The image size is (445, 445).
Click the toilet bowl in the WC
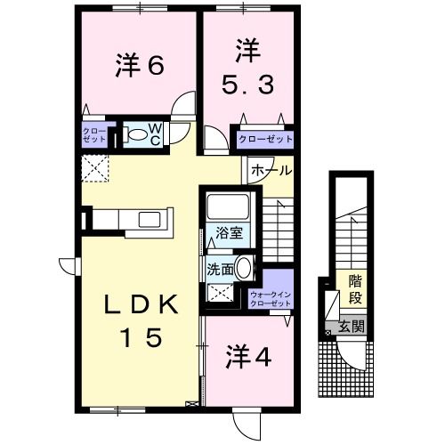[x=138, y=136]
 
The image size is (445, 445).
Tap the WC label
[x=155, y=136]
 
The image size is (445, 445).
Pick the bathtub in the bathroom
[x=229, y=210]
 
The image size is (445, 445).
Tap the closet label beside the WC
[x=95, y=137]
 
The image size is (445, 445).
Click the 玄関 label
[x=352, y=327]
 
